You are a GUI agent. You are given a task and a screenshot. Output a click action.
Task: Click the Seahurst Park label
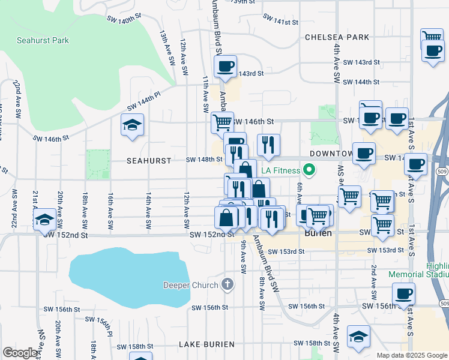click(x=43, y=41)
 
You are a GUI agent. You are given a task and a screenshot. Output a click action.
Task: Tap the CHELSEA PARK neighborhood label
click(x=337, y=37)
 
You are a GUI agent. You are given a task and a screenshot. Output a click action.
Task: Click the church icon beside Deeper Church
click(x=227, y=284)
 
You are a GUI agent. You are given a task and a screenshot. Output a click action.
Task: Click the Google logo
click(x=20, y=353)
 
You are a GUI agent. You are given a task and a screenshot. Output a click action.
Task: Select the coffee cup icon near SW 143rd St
click(x=225, y=67)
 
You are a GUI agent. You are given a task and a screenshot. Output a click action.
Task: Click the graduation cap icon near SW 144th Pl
click(x=132, y=125)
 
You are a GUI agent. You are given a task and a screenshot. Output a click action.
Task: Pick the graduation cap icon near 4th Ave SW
click(x=358, y=337)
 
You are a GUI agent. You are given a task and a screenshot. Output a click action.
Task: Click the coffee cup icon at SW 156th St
click(x=403, y=295)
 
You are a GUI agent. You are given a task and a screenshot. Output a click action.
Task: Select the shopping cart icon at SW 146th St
click(x=222, y=122)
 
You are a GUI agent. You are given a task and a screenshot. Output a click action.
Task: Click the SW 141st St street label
click(x=281, y=22)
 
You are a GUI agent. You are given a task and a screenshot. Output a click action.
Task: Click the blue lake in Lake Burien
click(x=126, y=270)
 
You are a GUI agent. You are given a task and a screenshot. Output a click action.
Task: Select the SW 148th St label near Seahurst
click(x=204, y=160)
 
